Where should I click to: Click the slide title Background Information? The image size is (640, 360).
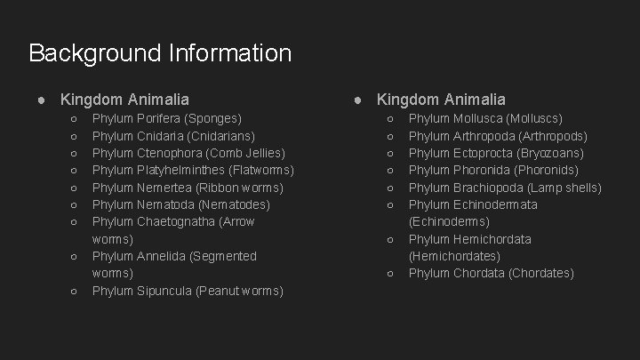[160, 53]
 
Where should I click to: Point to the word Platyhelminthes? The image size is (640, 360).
[181, 170]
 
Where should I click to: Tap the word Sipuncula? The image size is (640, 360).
[167, 291]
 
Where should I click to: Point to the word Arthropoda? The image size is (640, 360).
[487, 136]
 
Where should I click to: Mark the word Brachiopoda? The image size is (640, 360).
[489, 188]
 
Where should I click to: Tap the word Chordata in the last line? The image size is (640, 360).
[479, 273]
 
